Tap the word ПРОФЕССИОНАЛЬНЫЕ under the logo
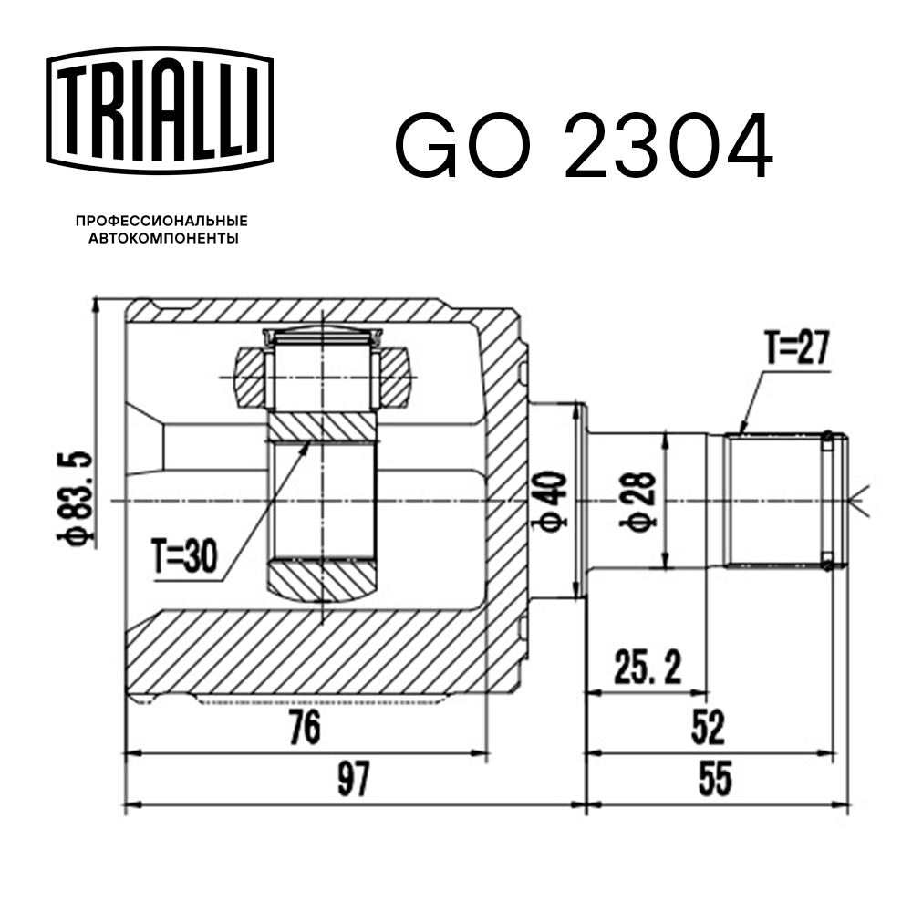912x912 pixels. pyautogui.click(x=161, y=222)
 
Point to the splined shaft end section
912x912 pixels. pyautogui.click(x=780, y=500)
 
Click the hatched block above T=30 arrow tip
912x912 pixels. pyautogui.click(x=320, y=425)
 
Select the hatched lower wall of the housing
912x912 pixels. pyautogui.click(x=310, y=652)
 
